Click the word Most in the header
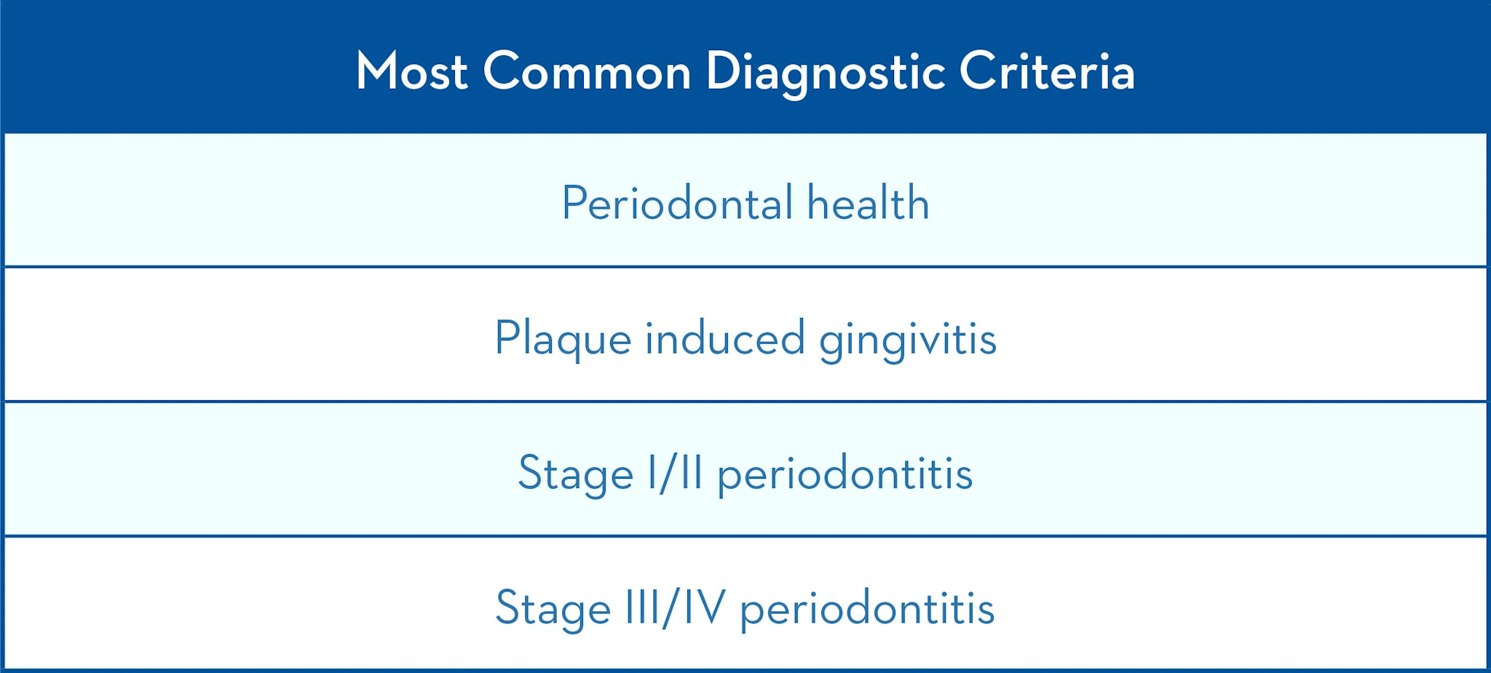click(x=411, y=71)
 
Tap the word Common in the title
click(x=587, y=71)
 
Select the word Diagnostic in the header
click(x=826, y=73)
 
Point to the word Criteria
click(x=1047, y=71)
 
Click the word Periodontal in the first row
click(x=677, y=203)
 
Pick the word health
click(x=868, y=203)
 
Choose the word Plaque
click(x=563, y=339)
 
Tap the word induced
click(x=725, y=339)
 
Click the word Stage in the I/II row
click(x=575, y=474)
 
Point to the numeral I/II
click(x=676, y=473)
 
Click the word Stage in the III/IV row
click(x=553, y=609)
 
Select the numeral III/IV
click(x=676, y=608)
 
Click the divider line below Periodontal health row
click(x=745, y=267)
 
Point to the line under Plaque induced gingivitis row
click(x=745, y=401)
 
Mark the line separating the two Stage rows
click(x=745, y=536)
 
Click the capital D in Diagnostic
click(x=722, y=71)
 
